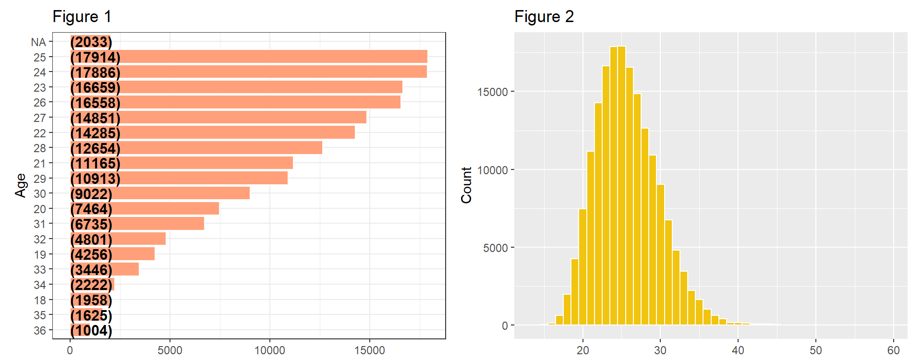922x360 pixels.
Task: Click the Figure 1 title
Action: (x=82, y=17)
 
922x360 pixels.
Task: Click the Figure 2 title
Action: (x=544, y=17)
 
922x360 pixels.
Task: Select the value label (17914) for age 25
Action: (x=95, y=57)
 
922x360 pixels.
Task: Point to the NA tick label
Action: (x=38, y=42)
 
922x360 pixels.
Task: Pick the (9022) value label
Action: (x=91, y=194)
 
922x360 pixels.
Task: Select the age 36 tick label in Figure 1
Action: (x=40, y=331)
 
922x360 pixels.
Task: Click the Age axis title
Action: (x=20, y=185)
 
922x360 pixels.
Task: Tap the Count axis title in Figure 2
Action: (x=466, y=185)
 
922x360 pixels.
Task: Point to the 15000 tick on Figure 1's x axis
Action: (x=369, y=350)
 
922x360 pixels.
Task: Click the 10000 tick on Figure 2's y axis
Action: (x=492, y=170)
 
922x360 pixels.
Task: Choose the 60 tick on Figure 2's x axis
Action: (x=893, y=350)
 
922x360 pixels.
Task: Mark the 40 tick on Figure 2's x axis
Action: (x=738, y=350)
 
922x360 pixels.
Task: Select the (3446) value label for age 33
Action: (x=91, y=270)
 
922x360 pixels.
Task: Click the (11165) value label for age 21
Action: (x=95, y=163)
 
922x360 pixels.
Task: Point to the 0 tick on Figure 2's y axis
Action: (x=505, y=326)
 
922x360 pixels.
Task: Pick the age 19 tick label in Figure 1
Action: (x=40, y=255)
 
